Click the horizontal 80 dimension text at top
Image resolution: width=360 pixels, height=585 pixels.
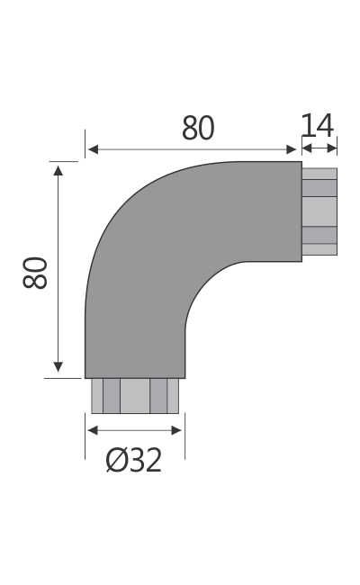(x=198, y=129)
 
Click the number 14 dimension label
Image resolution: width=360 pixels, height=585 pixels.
(x=318, y=125)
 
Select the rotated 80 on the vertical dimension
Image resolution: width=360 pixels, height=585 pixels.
(x=35, y=272)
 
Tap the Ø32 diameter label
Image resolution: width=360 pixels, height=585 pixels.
(x=134, y=460)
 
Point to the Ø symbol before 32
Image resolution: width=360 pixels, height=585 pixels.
(x=115, y=460)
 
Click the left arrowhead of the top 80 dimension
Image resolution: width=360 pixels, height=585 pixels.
(x=92, y=149)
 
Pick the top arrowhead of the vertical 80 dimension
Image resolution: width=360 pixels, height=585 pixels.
(x=58, y=169)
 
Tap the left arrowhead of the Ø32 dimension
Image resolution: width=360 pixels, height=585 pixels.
(x=92, y=430)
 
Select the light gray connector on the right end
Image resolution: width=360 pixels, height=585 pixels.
(x=319, y=211)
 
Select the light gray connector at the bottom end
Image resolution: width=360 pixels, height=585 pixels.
(x=135, y=396)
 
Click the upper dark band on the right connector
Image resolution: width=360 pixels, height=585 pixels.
(x=319, y=188)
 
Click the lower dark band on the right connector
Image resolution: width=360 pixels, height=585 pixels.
(x=319, y=235)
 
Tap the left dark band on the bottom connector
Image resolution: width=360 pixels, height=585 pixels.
(x=112, y=396)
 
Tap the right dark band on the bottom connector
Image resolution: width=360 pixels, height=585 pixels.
(x=158, y=396)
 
